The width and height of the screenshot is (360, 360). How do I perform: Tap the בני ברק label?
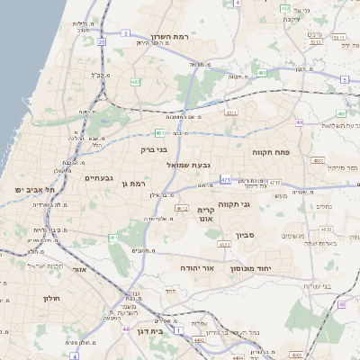click(155, 150)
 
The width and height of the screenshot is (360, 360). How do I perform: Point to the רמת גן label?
click(131, 183)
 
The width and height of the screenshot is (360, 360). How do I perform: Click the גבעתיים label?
click(98, 178)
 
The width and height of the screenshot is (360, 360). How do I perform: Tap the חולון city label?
click(49, 297)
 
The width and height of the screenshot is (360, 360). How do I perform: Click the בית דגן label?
click(155, 331)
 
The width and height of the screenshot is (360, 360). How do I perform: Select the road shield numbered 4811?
click(231, 112)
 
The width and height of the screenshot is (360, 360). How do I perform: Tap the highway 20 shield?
click(102, 41)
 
